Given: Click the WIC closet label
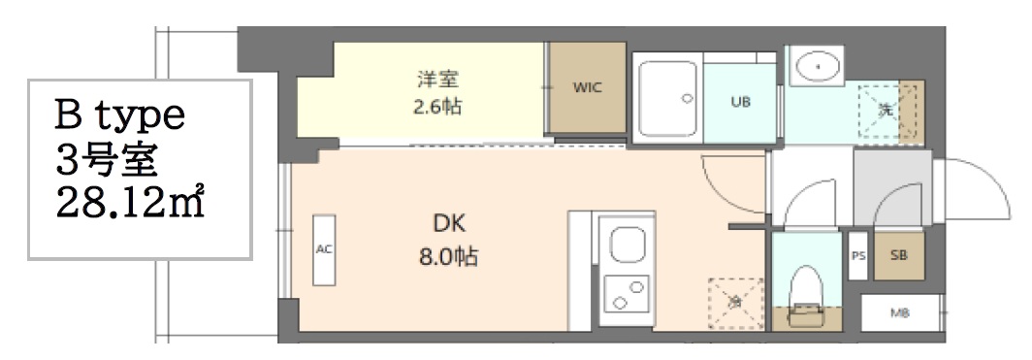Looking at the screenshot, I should point(587,87).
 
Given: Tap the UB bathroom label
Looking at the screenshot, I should point(740,100).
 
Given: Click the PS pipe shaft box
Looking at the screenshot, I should point(857,256).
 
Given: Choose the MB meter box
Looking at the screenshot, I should point(900,313).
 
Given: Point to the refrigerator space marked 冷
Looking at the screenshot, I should point(733,303).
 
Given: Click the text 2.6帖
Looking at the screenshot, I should point(435,106).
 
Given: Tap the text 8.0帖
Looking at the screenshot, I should point(449,259).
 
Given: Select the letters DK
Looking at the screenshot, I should point(450,226).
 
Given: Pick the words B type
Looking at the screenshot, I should point(118,117).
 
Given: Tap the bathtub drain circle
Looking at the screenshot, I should point(687,98).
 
